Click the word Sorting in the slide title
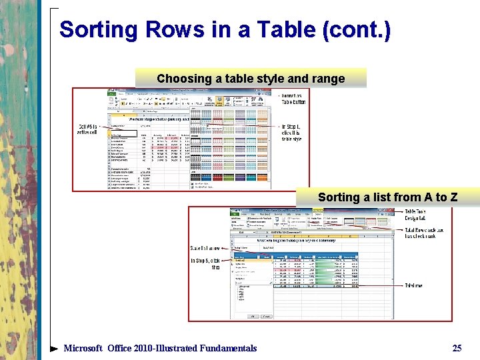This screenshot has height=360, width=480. pyautogui.click(x=97, y=29)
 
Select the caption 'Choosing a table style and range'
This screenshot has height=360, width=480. pyautogui.click(x=251, y=79)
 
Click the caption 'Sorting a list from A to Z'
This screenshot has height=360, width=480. pyautogui.click(x=387, y=197)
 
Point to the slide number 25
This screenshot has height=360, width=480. pyautogui.click(x=457, y=348)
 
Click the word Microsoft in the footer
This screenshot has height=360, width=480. pyautogui.click(x=83, y=348)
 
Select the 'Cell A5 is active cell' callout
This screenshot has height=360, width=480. pyautogui.click(x=88, y=129)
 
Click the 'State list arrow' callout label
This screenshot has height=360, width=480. pyautogui.click(x=207, y=248)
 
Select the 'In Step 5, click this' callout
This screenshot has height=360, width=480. pyautogui.click(x=206, y=263)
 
